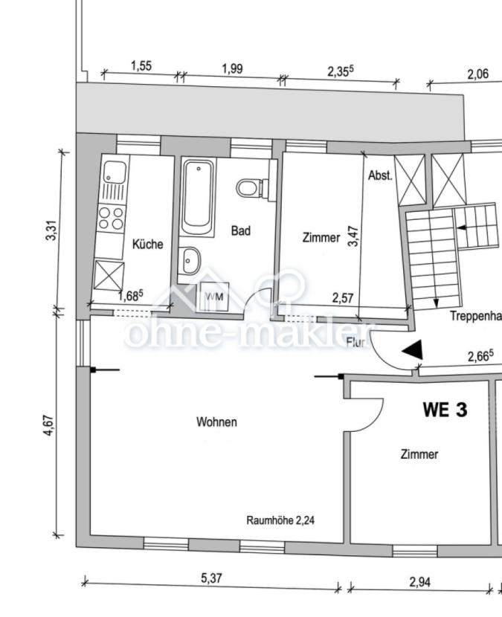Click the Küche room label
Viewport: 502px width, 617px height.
coord(147,244)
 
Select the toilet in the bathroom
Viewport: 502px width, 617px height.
coord(251,187)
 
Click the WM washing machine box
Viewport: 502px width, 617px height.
coord(214,296)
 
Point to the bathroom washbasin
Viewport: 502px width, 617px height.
coord(191,261)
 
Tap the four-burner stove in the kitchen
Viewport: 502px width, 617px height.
coord(112,217)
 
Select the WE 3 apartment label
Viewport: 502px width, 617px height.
coord(445,409)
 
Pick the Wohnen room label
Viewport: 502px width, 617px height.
coord(216,422)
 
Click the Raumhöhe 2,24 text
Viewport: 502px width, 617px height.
coord(280,520)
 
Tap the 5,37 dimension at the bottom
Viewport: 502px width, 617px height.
coord(211,578)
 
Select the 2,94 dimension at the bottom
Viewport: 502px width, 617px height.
coord(420,581)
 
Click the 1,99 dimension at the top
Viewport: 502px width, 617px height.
coord(232,68)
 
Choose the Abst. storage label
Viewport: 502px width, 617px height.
coord(380,176)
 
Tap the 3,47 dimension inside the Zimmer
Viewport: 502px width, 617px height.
coord(355,236)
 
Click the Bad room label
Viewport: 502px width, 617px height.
coord(240,231)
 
